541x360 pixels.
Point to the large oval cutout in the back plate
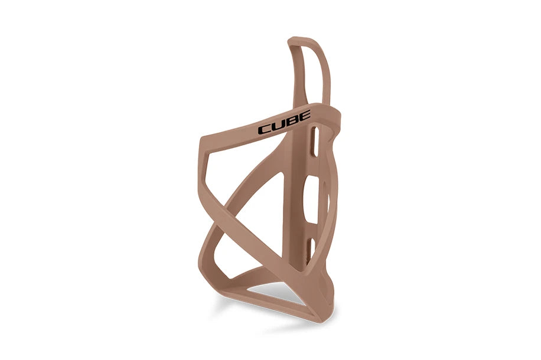[320, 195]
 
